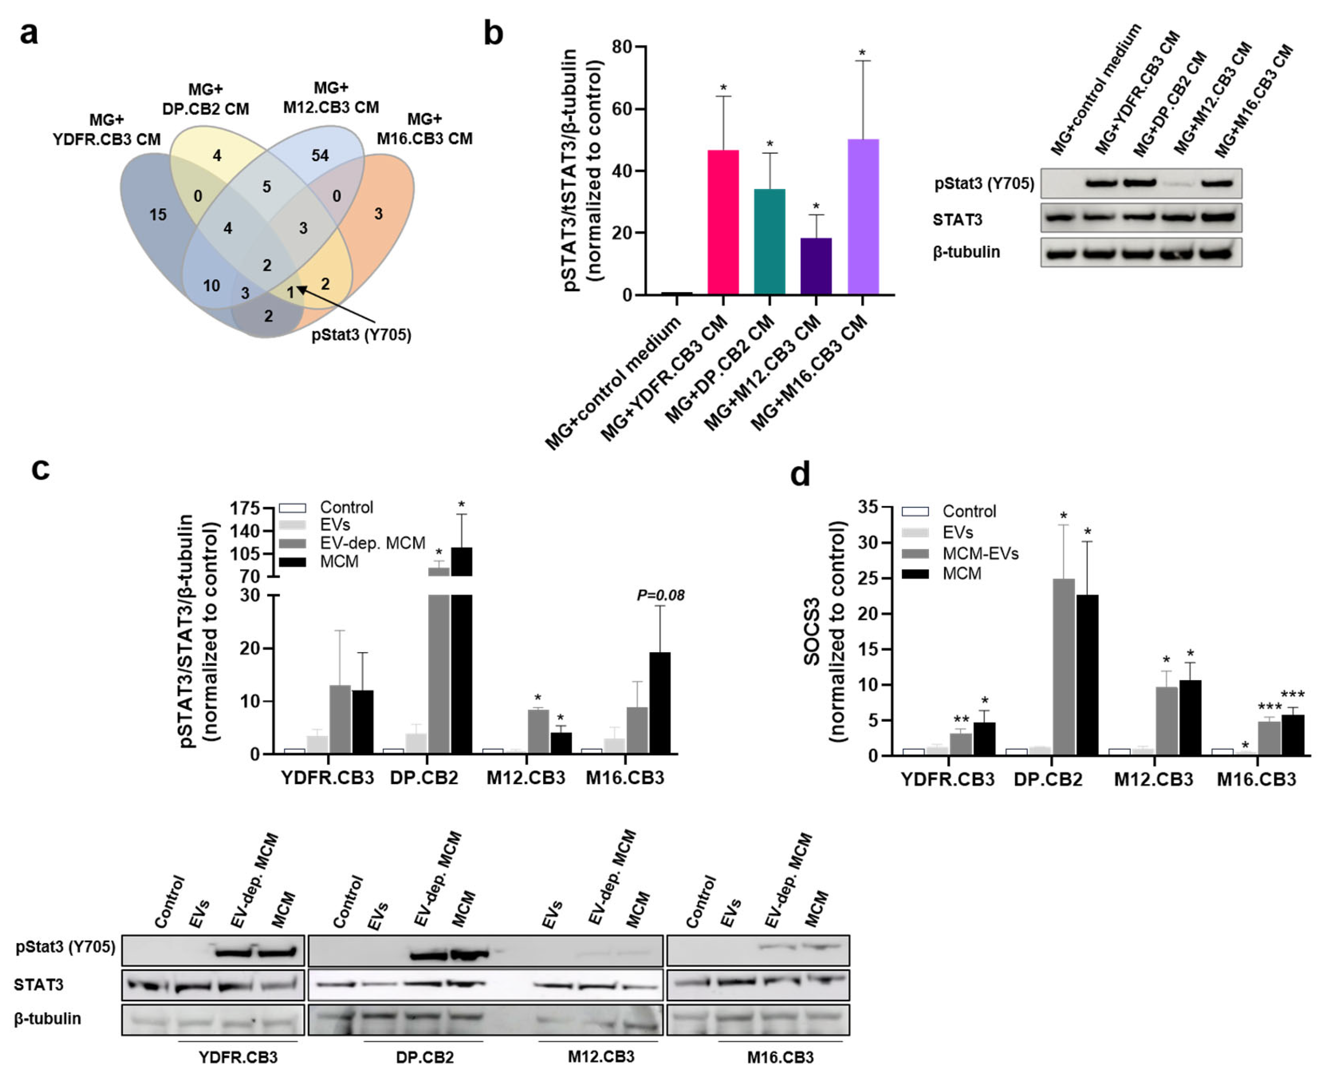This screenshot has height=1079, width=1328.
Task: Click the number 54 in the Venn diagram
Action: [x=320, y=156]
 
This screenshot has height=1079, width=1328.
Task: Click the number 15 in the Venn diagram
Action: [x=158, y=214]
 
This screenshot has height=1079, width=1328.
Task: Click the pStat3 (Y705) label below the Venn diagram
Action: [x=361, y=335]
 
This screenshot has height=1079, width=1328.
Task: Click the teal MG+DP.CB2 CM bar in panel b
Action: [x=770, y=242]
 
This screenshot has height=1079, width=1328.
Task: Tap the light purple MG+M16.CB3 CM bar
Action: [x=863, y=217]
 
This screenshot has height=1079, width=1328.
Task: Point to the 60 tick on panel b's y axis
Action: [x=621, y=109]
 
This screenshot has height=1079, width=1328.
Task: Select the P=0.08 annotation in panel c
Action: [x=660, y=595]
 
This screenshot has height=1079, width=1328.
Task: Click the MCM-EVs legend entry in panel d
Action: [x=980, y=553]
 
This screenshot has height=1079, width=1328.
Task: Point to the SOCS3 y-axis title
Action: [x=812, y=631]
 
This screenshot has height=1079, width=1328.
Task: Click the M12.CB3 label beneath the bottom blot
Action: [x=601, y=1057]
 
